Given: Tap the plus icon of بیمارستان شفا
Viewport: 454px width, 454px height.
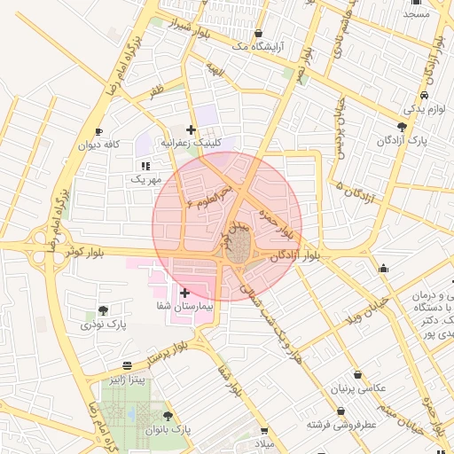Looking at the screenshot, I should click(x=184, y=293).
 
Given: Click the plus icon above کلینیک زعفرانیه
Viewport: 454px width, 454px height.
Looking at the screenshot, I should click(x=191, y=129).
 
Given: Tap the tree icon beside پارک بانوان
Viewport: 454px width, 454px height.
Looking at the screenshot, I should click(x=168, y=415).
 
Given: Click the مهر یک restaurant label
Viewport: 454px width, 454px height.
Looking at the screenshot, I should click(x=146, y=180).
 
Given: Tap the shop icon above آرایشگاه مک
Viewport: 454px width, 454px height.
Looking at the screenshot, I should click(x=258, y=34).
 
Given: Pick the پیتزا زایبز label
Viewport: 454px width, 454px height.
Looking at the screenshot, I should click(x=128, y=380).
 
